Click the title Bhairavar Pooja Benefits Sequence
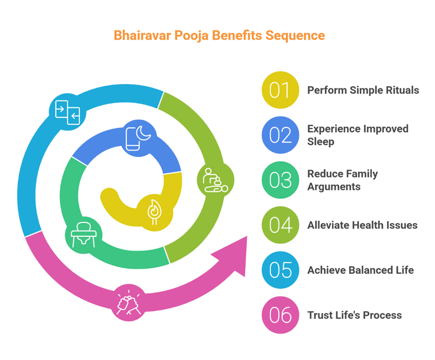(x=219, y=36)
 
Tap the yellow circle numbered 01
(x=280, y=90)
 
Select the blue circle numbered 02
(x=280, y=135)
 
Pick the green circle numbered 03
(x=280, y=180)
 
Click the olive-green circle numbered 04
(x=280, y=225)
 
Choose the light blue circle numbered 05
(x=280, y=270)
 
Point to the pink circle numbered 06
(x=280, y=315)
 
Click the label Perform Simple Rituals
(x=363, y=90)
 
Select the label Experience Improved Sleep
(x=358, y=135)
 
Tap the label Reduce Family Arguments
(x=343, y=180)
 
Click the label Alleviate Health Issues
(x=362, y=225)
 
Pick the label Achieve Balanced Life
(x=360, y=270)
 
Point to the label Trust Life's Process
(x=354, y=315)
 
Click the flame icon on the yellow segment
(x=155, y=212)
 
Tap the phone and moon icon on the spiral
(x=139, y=138)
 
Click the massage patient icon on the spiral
(x=215, y=180)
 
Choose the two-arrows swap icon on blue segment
(x=67, y=111)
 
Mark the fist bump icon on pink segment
(x=130, y=303)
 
